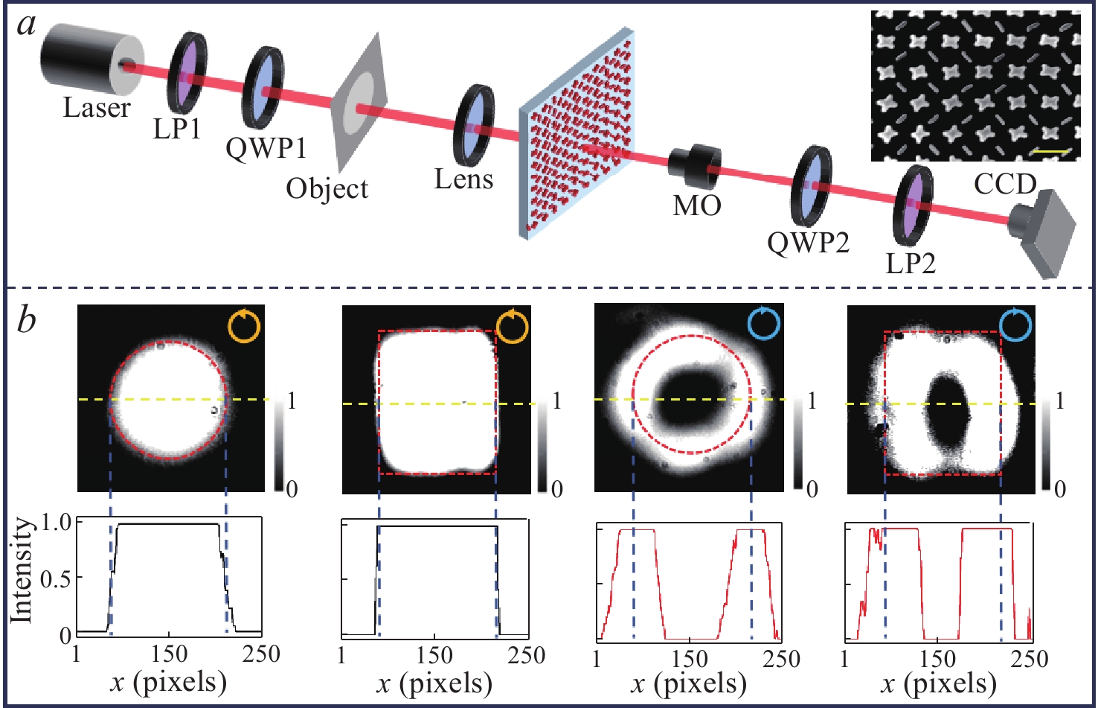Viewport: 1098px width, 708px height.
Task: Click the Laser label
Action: (x=96, y=109)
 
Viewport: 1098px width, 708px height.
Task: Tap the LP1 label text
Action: (x=177, y=129)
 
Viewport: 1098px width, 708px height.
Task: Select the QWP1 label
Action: (x=266, y=148)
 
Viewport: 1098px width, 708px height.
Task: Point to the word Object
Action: (x=327, y=188)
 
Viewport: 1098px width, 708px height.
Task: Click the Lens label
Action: (x=463, y=179)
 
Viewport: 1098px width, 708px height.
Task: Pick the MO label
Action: (x=697, y=205)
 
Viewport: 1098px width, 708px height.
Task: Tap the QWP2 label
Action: (x=808, y=242)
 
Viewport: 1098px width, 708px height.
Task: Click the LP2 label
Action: (x=911, y=262)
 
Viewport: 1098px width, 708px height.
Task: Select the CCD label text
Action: (x=1005, y=184)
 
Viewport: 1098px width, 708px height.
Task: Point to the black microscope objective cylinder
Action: (x=694, y=163)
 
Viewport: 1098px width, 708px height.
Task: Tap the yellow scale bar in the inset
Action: (x=1051, y=152)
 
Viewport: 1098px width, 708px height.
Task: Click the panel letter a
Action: (x=28, y=25)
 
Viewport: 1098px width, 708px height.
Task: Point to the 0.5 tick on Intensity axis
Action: (x=57, y=578)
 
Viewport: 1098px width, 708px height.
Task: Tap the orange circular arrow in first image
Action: (x=245, y=327)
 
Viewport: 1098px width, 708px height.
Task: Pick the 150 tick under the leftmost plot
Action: (x=169, y=654)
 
